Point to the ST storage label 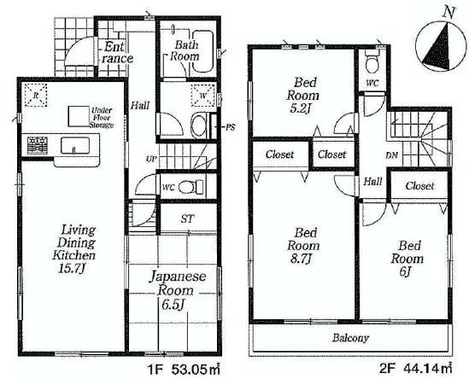[x=186, y=219]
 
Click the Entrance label [x=115, y=53]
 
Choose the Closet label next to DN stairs [x=419, y=185]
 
